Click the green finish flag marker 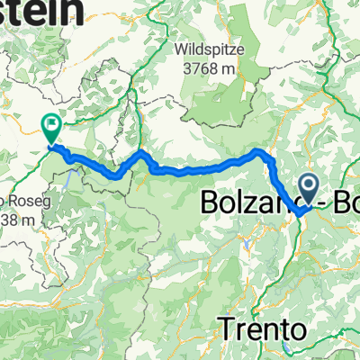(51, 129)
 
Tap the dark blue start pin (308, 189)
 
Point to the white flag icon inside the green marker (51, 126)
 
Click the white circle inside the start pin (308, 186)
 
